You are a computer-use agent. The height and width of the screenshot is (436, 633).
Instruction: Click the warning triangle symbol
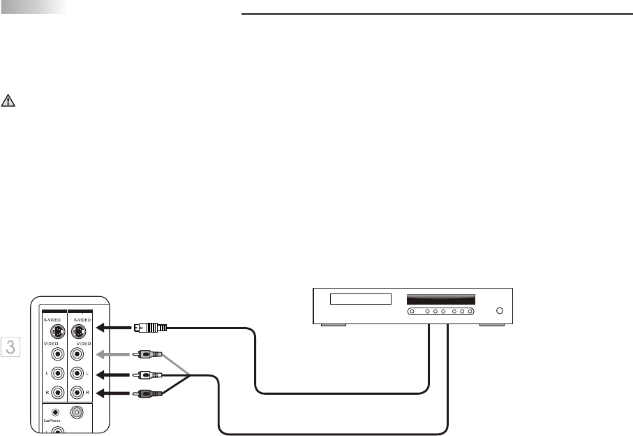coord(8,100)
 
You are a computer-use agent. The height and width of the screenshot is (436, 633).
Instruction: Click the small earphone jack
coord(55,412)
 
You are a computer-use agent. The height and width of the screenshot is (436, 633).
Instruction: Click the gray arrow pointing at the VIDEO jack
coord(111,354)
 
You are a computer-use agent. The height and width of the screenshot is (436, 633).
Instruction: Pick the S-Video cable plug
coord(151,326)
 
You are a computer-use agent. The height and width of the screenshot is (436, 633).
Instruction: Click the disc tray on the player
coord(359,299)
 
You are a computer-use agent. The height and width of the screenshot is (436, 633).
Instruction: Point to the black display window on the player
coord(440,298)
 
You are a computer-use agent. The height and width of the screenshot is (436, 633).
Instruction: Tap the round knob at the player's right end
coord(498,311)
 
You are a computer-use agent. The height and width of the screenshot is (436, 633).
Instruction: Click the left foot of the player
coord(332,325)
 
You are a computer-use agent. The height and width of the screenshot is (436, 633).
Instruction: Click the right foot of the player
coord(491,325)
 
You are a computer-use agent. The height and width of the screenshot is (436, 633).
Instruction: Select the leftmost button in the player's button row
coord(412,311)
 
